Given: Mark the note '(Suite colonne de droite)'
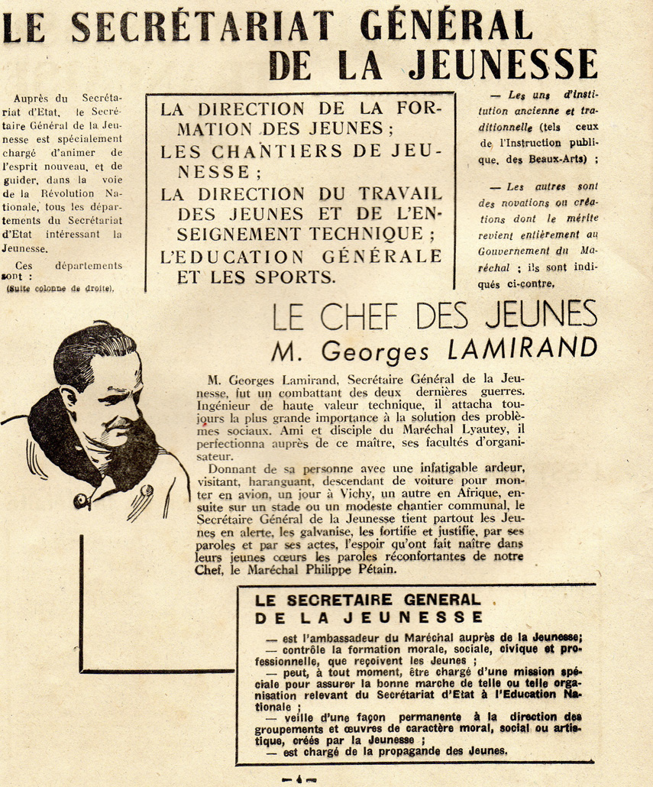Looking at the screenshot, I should pyautogui.click(x=60, y=288).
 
